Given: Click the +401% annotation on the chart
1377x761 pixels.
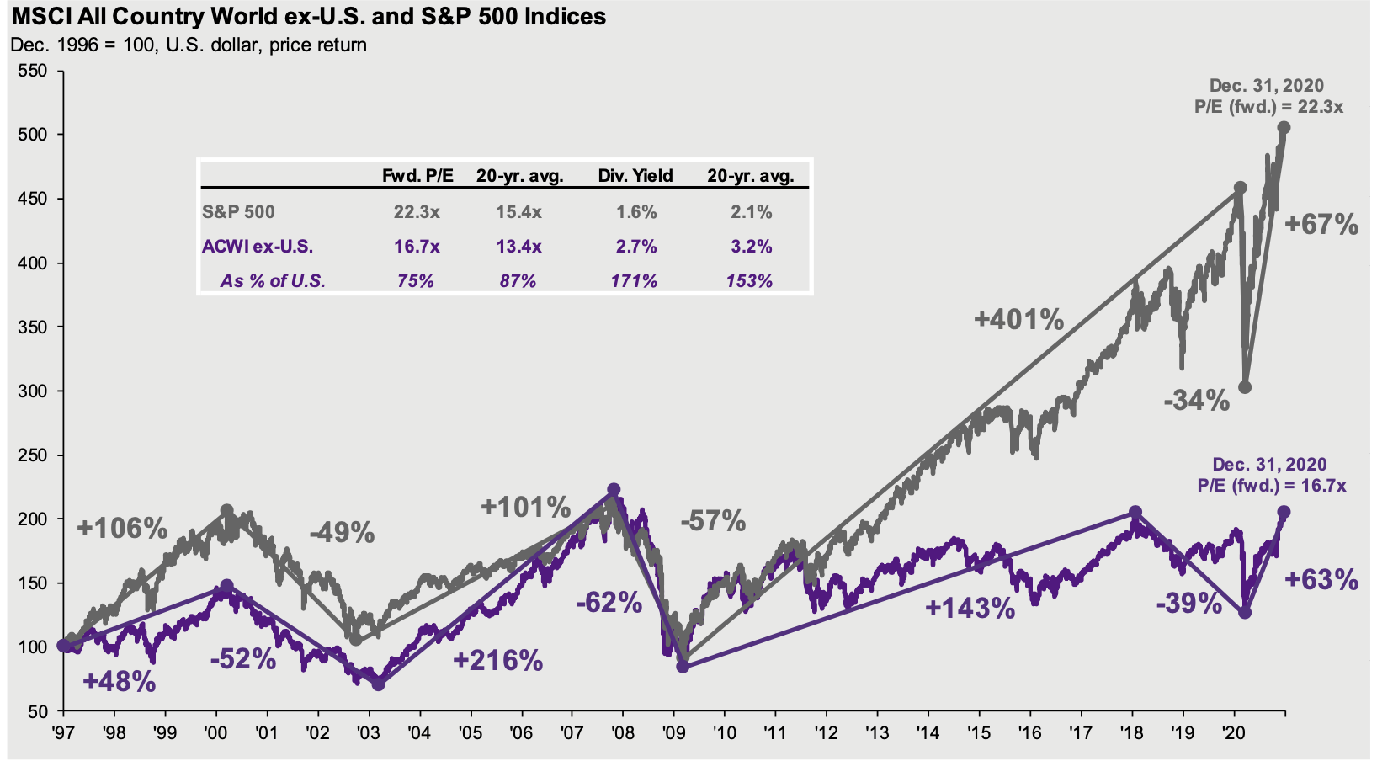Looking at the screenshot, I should (x=1018, y=320).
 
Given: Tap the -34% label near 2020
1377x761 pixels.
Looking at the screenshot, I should (x=1196, y=400).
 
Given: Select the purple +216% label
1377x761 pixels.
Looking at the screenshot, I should (x=497, y=661).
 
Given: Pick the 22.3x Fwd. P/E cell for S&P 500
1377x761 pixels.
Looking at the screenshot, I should (x=416, y=212).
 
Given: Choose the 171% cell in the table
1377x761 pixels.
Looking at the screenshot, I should (x=634, y=280).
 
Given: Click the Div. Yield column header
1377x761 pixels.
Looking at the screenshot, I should (x=635, y=176).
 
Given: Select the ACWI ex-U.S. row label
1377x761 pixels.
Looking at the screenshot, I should (x=258, y=247).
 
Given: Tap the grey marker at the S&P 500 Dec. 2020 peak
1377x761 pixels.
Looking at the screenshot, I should (x=1284, y=128).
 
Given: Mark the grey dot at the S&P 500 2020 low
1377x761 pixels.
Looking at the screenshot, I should (x=1245, y=387).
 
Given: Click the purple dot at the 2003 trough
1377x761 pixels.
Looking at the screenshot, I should (x=378, y=684).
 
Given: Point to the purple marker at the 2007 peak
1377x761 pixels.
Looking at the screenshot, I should (x=614, y=490).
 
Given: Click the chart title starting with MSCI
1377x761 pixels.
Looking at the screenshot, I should (x=308, y=16).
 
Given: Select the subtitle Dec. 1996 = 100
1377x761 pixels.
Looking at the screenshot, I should (x=189, y=45).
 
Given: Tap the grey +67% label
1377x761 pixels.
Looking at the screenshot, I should (x=1321, y=225).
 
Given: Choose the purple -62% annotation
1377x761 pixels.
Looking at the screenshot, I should (x=609, y=603).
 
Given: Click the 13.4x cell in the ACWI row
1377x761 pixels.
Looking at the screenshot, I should (x=518, y=247).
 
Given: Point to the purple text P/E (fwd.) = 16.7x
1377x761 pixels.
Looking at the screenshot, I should (x=1271, y=486).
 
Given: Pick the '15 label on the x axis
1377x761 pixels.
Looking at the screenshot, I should (x=979, y=732).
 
